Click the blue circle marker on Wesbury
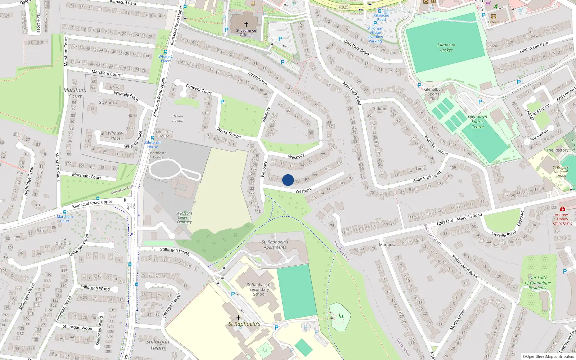(x=288, y=180)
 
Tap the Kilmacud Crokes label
(x=446, y=48)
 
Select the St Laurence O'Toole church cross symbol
(x=246, y=24)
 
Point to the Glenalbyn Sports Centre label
(x=477, y=122)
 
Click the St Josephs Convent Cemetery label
(x=184, y=217)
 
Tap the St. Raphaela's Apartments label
(x=275, y=245)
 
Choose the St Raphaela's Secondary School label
(x=259, y=289)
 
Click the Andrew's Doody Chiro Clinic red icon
(x=563, y=209)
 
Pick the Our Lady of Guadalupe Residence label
(x=538, y=283)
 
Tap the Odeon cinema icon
(x=494, y=17)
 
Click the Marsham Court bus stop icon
(x=65, y=212)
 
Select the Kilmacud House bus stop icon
(x=153, y=138)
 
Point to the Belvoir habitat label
(x=178, y=118)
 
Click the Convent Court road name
(x=199, y=89)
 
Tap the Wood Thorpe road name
(x=229, y=133)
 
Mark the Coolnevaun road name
(x=258, y=78)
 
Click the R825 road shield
(x=344, y=7)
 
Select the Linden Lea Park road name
(x=534, y=48)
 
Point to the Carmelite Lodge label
(x=158, y=155)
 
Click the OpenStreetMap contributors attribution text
(x=549, y=357)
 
